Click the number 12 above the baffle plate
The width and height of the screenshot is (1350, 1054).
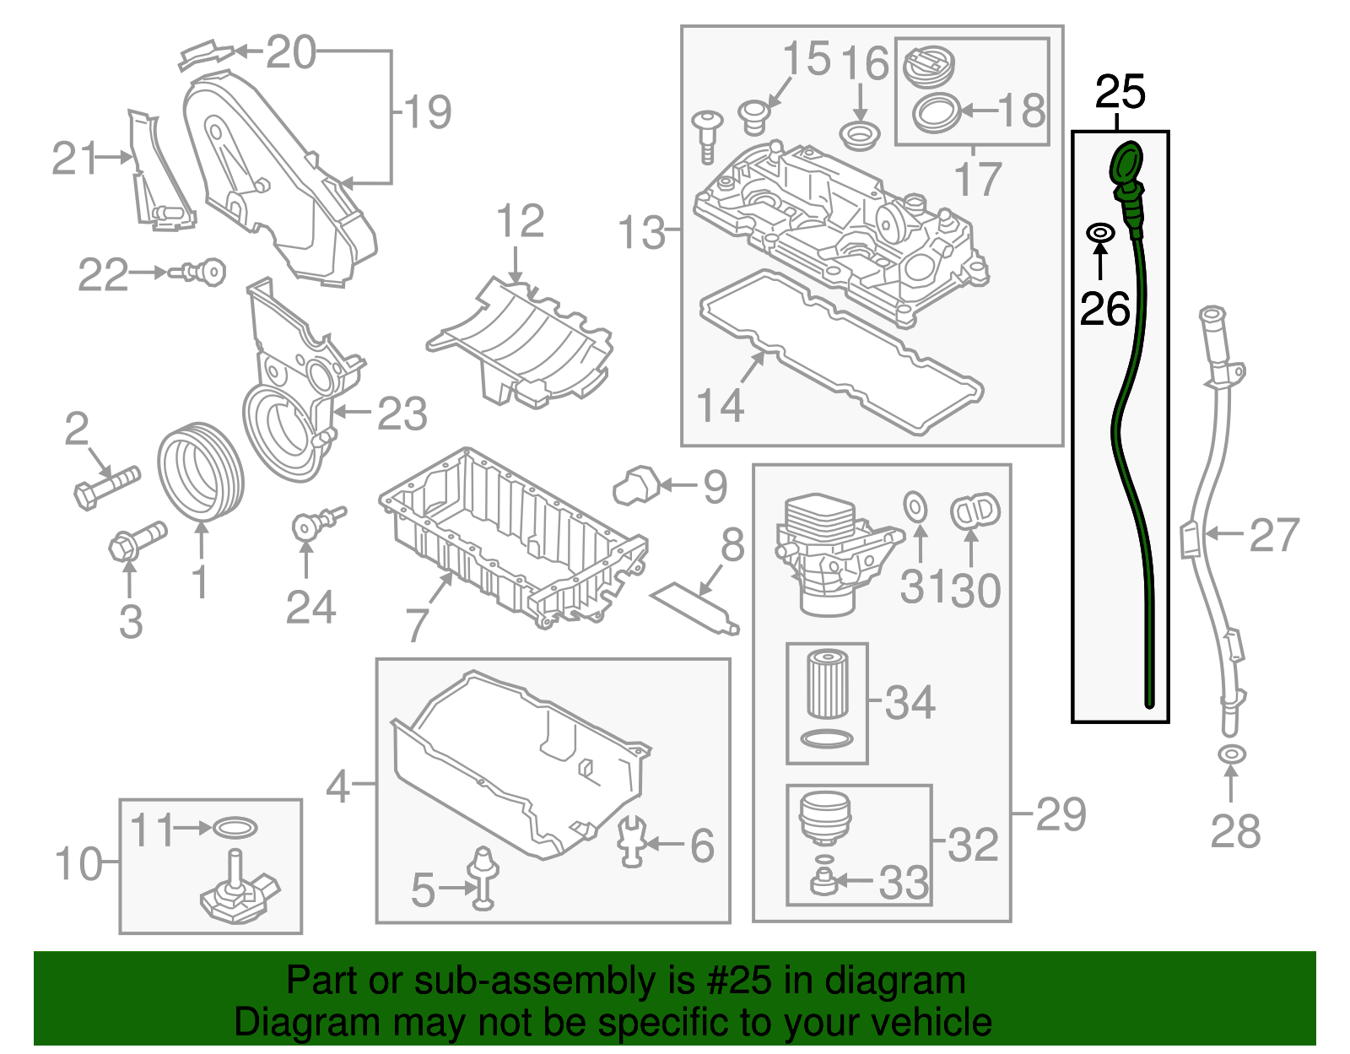click(520, 222)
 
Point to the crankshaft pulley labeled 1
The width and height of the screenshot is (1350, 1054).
click(201, 473)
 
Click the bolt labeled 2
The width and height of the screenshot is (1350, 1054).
click(105, 486)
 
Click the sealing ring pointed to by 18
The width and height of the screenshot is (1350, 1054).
click(936, 112)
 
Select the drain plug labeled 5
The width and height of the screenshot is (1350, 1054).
click(483, 878)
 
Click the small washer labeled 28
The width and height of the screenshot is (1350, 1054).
click(1231, 754)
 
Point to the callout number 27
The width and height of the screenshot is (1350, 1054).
click(1273, 535)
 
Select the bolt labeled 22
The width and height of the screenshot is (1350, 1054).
click(201, 273)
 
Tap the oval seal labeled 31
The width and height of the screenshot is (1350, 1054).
click(915, 508)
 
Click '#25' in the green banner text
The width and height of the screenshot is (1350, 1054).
click(733, 981)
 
